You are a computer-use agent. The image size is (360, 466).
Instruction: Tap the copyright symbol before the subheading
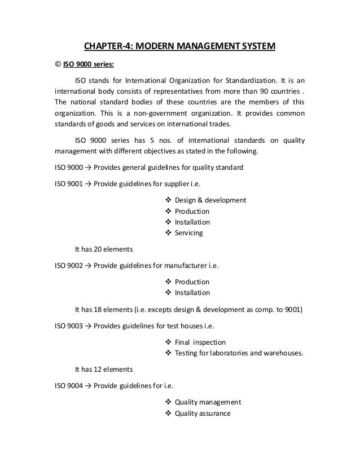(57, 63)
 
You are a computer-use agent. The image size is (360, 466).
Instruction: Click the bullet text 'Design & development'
(210, 200)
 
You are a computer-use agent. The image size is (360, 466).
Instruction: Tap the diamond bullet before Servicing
(168, 232)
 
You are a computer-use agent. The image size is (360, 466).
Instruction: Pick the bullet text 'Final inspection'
(200, 342)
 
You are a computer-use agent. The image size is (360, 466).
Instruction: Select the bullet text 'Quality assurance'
(203, 414)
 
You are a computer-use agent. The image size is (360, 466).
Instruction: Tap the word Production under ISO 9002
(192, 282)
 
